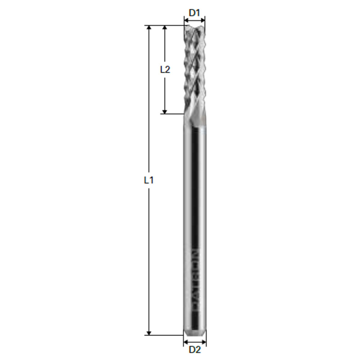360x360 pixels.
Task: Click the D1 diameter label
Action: click(x=194, y=11)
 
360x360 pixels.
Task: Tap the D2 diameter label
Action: click(x=194, y=350)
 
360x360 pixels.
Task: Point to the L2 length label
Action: click(x=165, y=69)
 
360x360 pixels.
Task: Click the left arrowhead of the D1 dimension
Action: click(x=186, y=21)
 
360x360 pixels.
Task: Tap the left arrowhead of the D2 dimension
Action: click(x=186, y=340)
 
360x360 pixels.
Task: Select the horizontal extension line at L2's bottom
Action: click(x=172, y=114)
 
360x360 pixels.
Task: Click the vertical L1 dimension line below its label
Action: click(x=149, y=257)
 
